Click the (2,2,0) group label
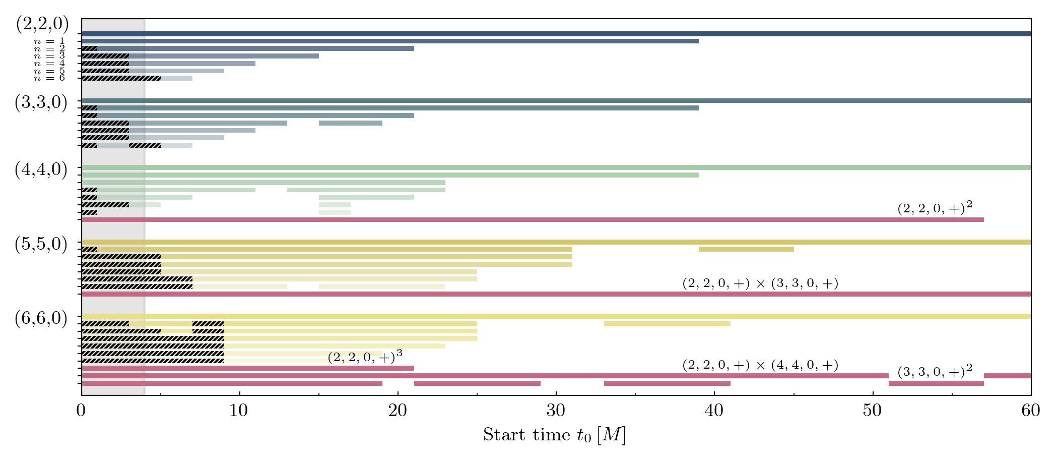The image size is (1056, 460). coord(42,24)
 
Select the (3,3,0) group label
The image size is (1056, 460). coord(41,102)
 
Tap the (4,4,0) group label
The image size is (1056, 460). coord(41,169)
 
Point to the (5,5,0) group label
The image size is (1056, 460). coord(41,244)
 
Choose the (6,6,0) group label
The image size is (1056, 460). coord(41,319)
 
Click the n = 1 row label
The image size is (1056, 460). coord(49,41)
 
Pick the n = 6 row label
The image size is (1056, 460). coord(49,78)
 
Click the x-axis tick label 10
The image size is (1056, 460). coord(239,411)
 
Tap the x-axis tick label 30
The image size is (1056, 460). coord(556,411)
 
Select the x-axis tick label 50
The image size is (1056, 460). coord(872,411)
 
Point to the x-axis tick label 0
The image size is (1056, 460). coord(81,411)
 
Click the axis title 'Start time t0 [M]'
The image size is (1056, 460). coord(554,435)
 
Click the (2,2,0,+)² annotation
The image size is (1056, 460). coord(935,208)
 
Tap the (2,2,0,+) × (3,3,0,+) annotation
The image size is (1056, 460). coord(760,283)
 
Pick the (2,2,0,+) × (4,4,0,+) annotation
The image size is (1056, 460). coord(760,365)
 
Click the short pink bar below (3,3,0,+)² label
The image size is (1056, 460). coord(936,383)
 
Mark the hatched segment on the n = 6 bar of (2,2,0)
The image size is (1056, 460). coord(121,78)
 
